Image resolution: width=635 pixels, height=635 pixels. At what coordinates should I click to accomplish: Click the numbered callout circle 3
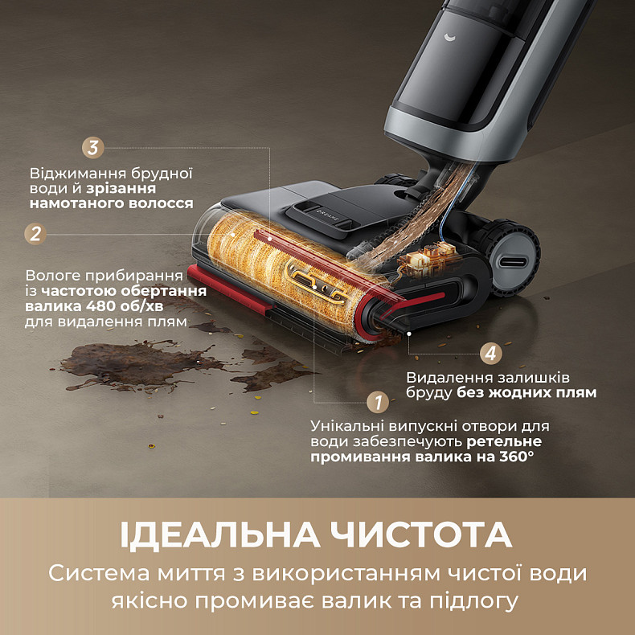click(93, 149)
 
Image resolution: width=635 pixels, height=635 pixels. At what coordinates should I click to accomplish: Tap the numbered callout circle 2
click(35, 234)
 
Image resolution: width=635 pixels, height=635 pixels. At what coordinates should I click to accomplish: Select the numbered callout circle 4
click(492, 353)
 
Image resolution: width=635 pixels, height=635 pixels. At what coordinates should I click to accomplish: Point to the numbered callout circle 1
click(378, 402)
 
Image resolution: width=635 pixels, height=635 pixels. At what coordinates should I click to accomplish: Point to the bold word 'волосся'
click(165, 204)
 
